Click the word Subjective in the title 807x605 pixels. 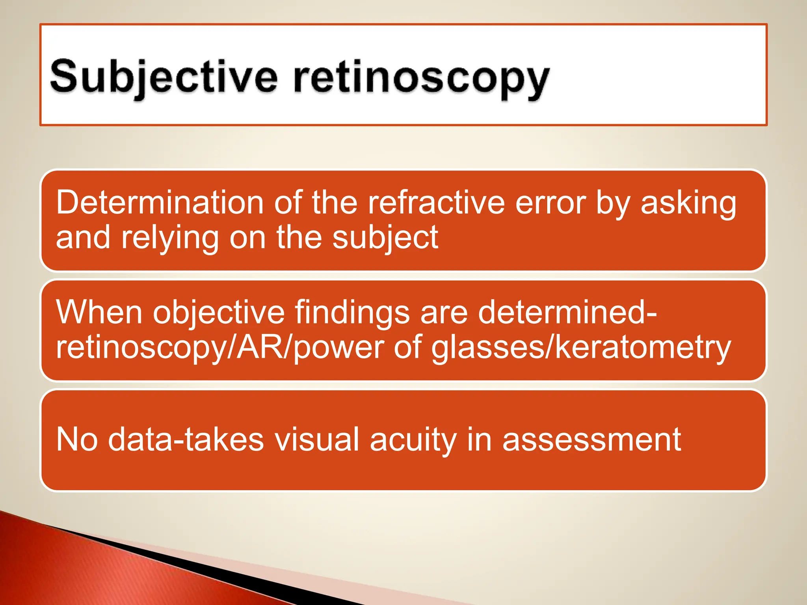coord(164,77)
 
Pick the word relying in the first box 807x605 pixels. coord(169,238)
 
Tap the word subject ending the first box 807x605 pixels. coord(385,238)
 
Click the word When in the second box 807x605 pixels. coord(99,312)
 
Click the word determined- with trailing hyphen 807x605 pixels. coord(567,312)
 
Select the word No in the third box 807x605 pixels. coord(77,440)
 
